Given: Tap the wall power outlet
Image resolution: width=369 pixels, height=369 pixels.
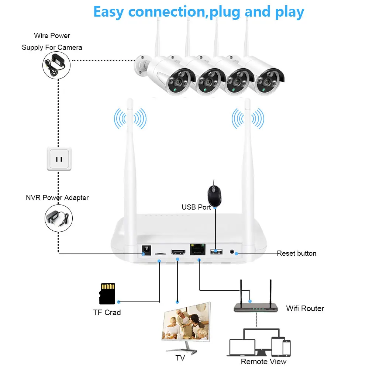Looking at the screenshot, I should tap(59, 159).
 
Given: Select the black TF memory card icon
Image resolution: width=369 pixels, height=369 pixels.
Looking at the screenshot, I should tap(107, 294).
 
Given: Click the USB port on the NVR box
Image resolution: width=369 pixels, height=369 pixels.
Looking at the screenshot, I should tap(216, 252).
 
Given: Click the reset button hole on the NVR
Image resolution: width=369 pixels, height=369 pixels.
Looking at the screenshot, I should tap(232, 252).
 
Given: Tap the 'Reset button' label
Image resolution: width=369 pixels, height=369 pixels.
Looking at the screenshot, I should tap(297, 254).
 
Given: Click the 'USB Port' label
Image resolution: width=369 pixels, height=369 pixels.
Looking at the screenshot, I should tap(196, 207).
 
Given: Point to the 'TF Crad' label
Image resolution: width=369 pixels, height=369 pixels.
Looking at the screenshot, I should tap(107, 313).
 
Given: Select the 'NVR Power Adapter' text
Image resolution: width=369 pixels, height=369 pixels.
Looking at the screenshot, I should tap(57, 198).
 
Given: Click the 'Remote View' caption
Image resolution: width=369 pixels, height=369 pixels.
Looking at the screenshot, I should tap(263, 362).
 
